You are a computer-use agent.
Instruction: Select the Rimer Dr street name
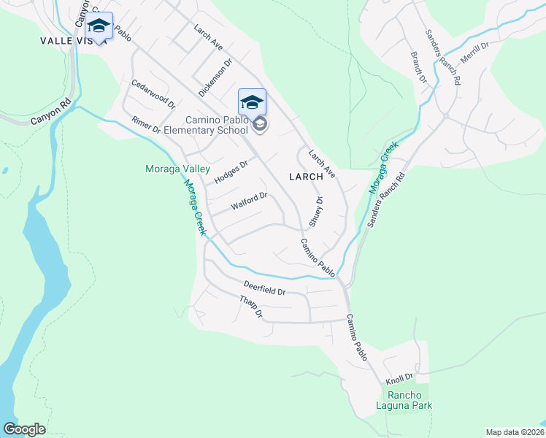click(x=146, y=126)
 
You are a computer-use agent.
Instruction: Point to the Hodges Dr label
click(x=231, y=172)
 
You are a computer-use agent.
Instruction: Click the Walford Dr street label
click(x=250, y=201)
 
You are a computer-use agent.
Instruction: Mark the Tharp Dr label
click(x=250, y=307)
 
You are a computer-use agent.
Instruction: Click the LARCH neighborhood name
click(x=305, y=177)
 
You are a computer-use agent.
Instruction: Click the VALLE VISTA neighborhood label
click(x=73, y=42)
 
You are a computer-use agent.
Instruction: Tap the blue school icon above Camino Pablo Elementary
click(x=252, y=102)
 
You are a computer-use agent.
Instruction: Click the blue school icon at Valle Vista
click(x=99, y=26)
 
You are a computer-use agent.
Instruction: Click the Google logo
click(x=24, y=429)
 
